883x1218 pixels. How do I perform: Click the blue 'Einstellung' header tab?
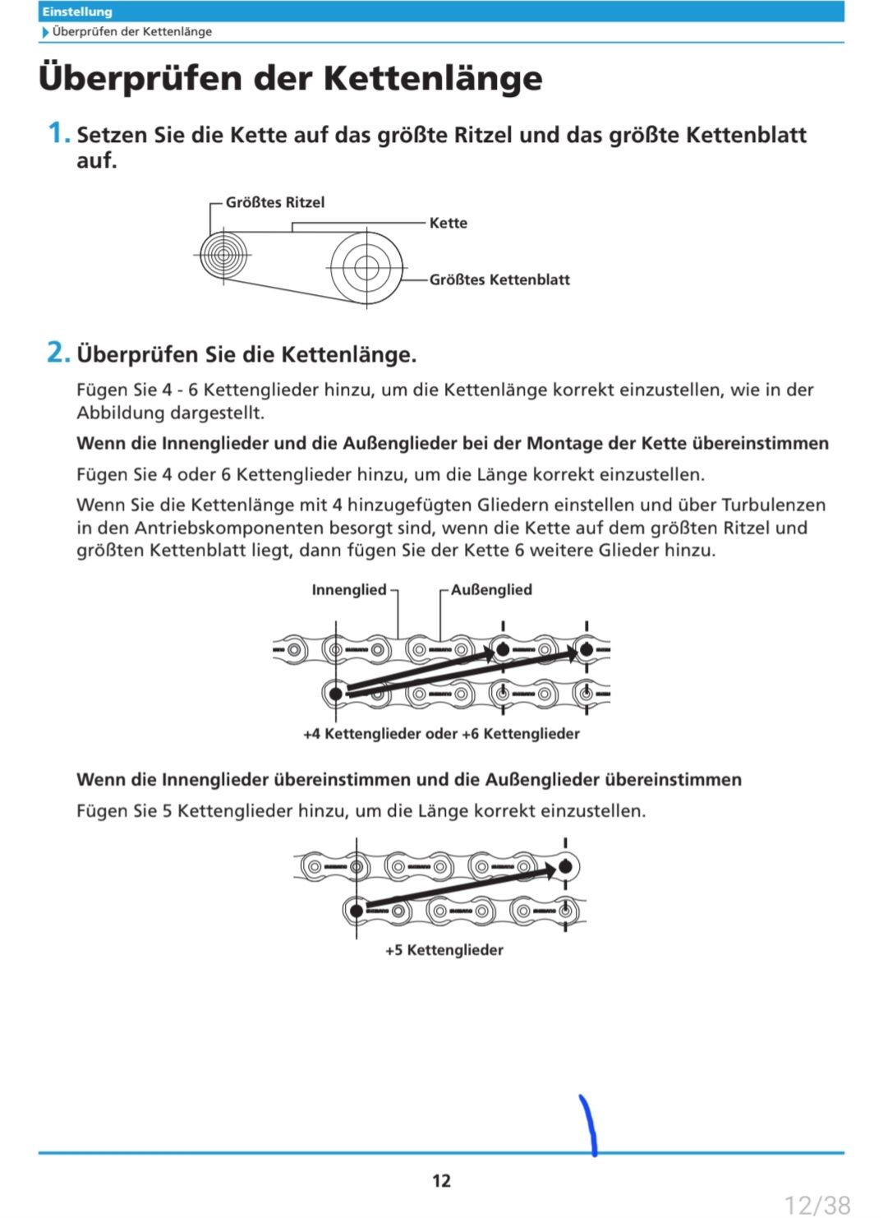point(77,12)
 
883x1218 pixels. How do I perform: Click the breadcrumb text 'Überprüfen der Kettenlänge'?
point(131,31)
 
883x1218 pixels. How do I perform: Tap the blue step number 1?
point(57,132)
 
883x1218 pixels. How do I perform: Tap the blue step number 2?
point(57,353)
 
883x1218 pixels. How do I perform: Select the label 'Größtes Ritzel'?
point(275,202)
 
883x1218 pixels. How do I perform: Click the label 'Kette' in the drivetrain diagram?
point(448,223)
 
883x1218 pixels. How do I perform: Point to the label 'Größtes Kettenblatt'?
point(499,279)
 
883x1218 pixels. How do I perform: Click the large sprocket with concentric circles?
point(223,255)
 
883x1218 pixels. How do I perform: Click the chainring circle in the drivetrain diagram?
point(366,268)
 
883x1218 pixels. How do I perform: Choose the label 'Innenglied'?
point(348,589)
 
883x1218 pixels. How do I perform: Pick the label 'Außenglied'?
point(491,589)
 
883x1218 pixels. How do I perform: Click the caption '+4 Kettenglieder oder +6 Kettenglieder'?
point(441,733)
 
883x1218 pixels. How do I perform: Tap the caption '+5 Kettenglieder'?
point(444,950)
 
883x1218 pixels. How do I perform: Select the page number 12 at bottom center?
point(441,1181)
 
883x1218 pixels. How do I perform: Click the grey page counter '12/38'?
point(817,1205)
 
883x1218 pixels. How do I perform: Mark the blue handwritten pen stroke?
point(588,1124)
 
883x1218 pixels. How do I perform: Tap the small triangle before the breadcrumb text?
point(45,32)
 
